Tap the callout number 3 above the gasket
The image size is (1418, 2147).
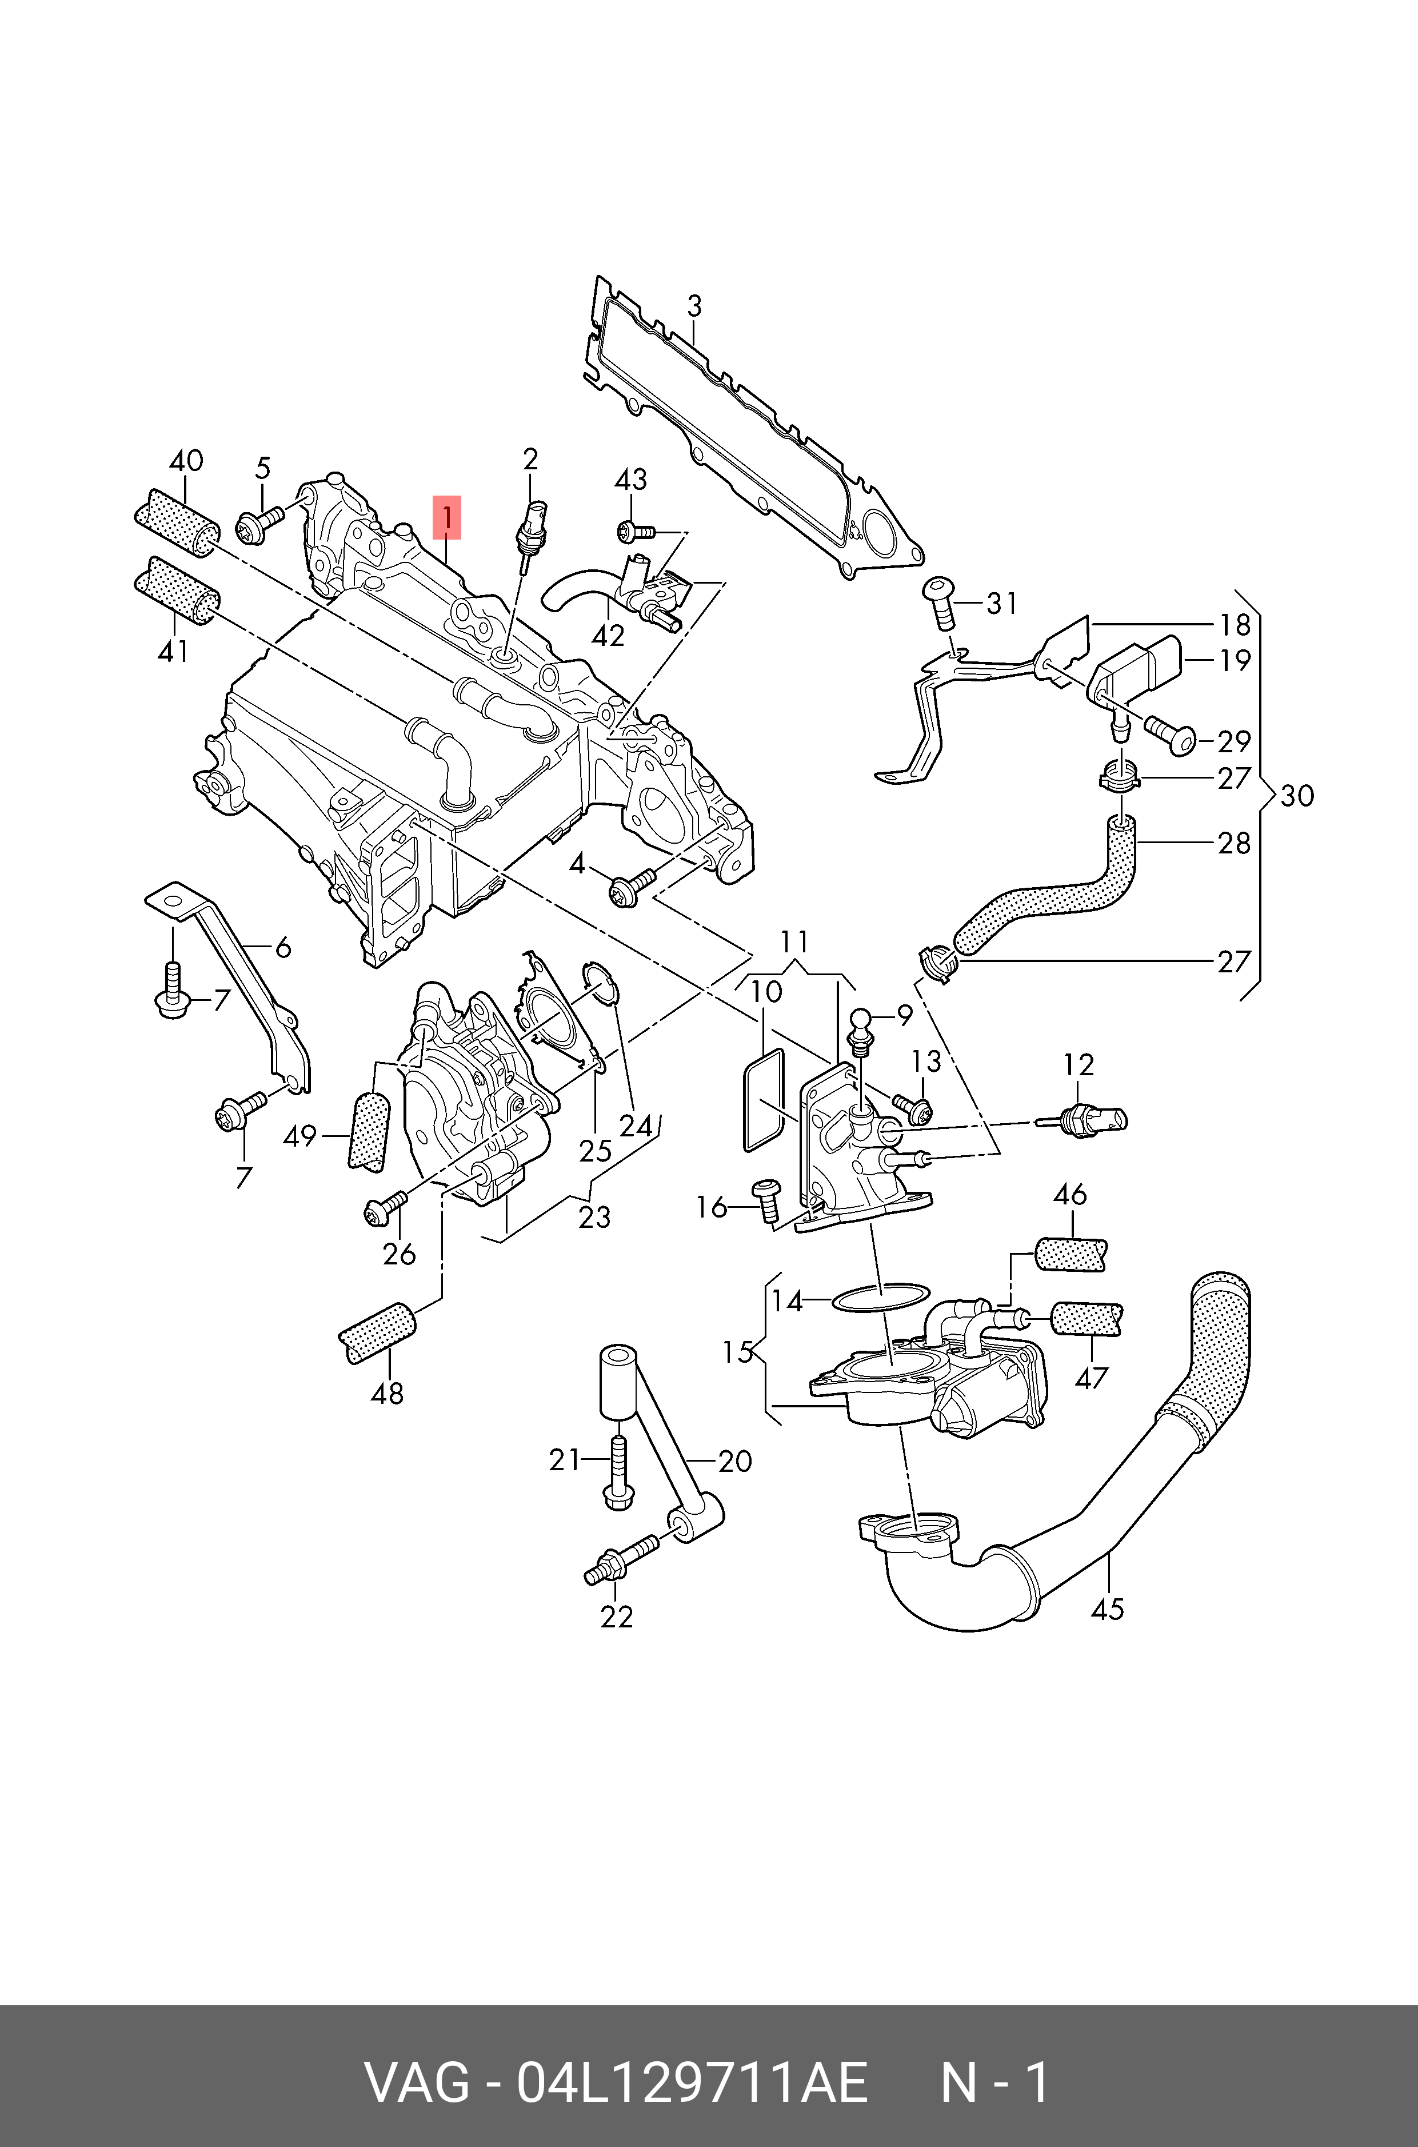[x=694, y=306]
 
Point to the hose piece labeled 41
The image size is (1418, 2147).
[x=177, y=592]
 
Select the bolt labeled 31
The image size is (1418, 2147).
[x=940, y=601]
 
